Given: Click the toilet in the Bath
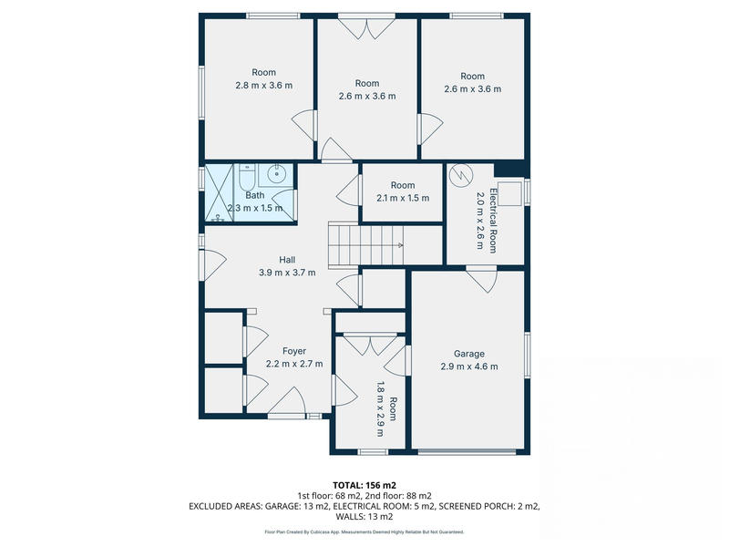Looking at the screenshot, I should point(247,173).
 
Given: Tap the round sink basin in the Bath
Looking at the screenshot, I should point(278,173).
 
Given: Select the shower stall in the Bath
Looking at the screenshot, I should point(220,193).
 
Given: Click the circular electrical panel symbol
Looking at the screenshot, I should point(463,172).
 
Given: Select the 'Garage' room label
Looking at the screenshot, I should point(469,354).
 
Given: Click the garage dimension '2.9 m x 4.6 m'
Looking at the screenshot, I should point(469,366).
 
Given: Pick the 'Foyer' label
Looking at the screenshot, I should point(293,351).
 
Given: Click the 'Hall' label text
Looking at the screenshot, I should point(261,260).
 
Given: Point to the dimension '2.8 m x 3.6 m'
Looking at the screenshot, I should point(263,86).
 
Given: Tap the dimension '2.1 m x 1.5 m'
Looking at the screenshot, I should point(402,198).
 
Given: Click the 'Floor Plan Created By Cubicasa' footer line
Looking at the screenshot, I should point(364,532).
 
